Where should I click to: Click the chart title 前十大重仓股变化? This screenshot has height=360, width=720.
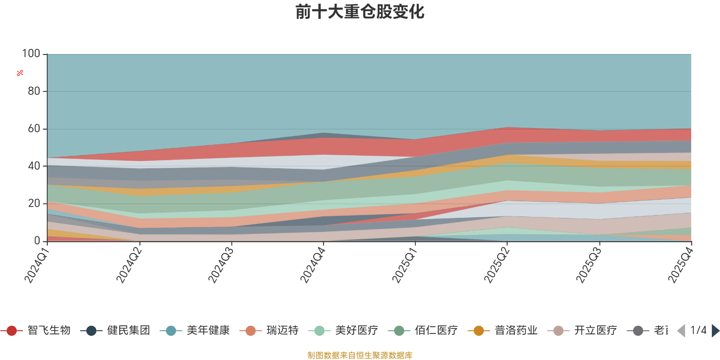click(360, 12)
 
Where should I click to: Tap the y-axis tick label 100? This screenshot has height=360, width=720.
click(31, 54)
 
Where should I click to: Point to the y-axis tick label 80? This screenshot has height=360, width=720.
click(34, 91)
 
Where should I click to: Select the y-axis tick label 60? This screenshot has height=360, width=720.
click(34, 129)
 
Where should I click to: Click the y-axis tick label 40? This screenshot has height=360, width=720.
click(34, 166)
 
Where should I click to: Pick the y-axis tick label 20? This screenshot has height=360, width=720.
click(34, 203)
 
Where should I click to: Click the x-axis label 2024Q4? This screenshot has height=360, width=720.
click(312, 265)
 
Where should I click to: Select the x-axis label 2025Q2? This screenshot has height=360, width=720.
click(496, 265)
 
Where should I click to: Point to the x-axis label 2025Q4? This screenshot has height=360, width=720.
click(680, 265)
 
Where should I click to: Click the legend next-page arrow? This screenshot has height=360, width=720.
click(715, 331)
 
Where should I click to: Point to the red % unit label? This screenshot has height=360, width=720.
click(20, 73)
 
